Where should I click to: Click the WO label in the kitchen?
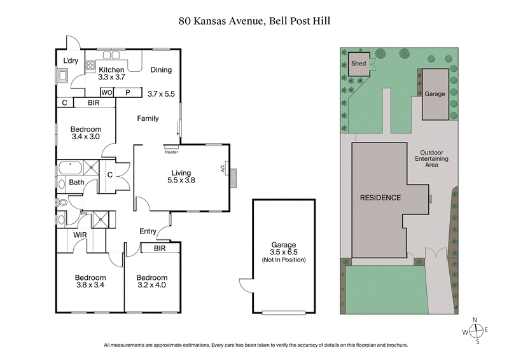(x=107, y=92)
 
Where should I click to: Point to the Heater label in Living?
(x=171, y=152)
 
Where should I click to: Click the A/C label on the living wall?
(x=223, y=169)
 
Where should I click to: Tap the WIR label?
(x=80, y=235)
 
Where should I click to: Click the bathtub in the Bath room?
(x=69, y=169)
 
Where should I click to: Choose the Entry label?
(x=148, y=232)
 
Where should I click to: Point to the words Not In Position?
(x=284, y=260)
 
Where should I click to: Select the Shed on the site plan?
(x=358, y=64)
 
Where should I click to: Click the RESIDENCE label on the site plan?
(x=380, y=198)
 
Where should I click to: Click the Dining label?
(x=161, y=70)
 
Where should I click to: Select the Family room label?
(x=148, y=118)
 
